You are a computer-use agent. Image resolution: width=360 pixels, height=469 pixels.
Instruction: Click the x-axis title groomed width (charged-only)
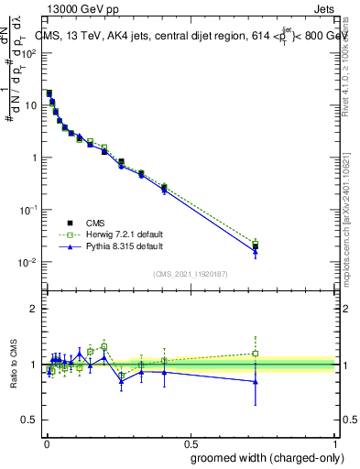coord(264,457)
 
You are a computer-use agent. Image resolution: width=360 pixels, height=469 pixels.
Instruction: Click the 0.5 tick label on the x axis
coord(191,443)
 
